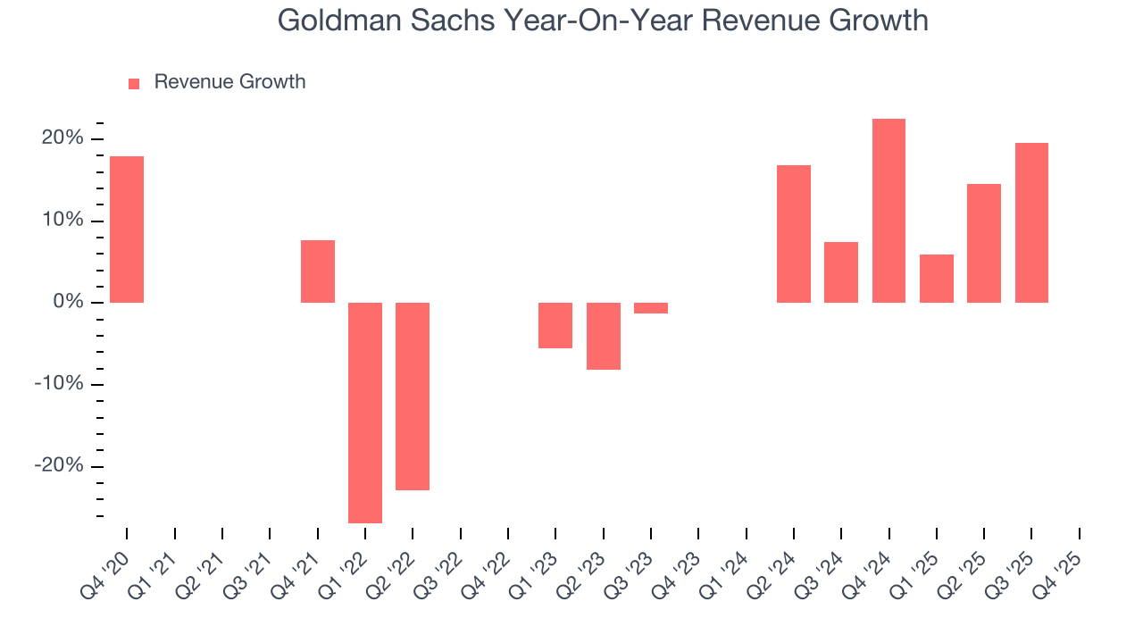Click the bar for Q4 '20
point(127,230)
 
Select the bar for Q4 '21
point(318,271)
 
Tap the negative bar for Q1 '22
point(365,413)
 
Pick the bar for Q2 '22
point(413,397)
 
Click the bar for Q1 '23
point(555,325)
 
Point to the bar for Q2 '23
point(604,336)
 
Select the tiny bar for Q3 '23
point(651,308)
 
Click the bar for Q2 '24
point(794,234)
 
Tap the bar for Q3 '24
point(841,272)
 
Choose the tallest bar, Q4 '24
point(889,211)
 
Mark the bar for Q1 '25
point(937,279)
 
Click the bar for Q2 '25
point(984,243)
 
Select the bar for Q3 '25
point(1031,222)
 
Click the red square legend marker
point(134,83)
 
